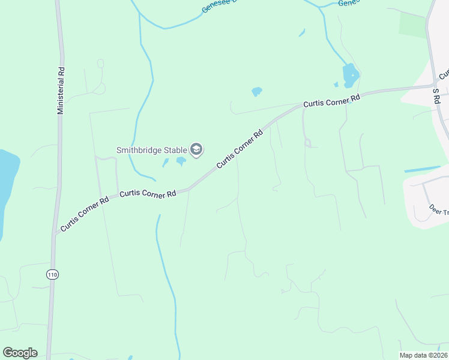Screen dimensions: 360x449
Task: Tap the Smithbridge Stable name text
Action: [152, 149]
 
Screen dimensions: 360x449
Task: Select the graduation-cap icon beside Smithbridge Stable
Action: [196, 149]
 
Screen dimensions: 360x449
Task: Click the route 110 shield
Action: [52, 274]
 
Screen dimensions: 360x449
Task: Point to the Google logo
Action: [20, 353]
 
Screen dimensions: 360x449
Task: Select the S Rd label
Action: [436, 97]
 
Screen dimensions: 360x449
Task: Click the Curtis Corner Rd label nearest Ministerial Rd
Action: [85, 214]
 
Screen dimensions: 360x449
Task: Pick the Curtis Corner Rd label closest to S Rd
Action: [331, 100]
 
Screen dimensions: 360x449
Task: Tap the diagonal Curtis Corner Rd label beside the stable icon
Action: [240, 149]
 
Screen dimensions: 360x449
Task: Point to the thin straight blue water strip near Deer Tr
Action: [426, 169]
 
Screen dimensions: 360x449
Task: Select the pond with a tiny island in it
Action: [350, 76]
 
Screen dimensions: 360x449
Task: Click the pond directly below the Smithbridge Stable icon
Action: [181, 161]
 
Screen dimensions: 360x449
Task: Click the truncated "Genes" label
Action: [349, 3]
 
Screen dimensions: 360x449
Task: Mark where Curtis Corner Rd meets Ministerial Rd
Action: [56, 232]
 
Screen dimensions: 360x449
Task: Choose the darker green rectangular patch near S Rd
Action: [412, 25]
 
